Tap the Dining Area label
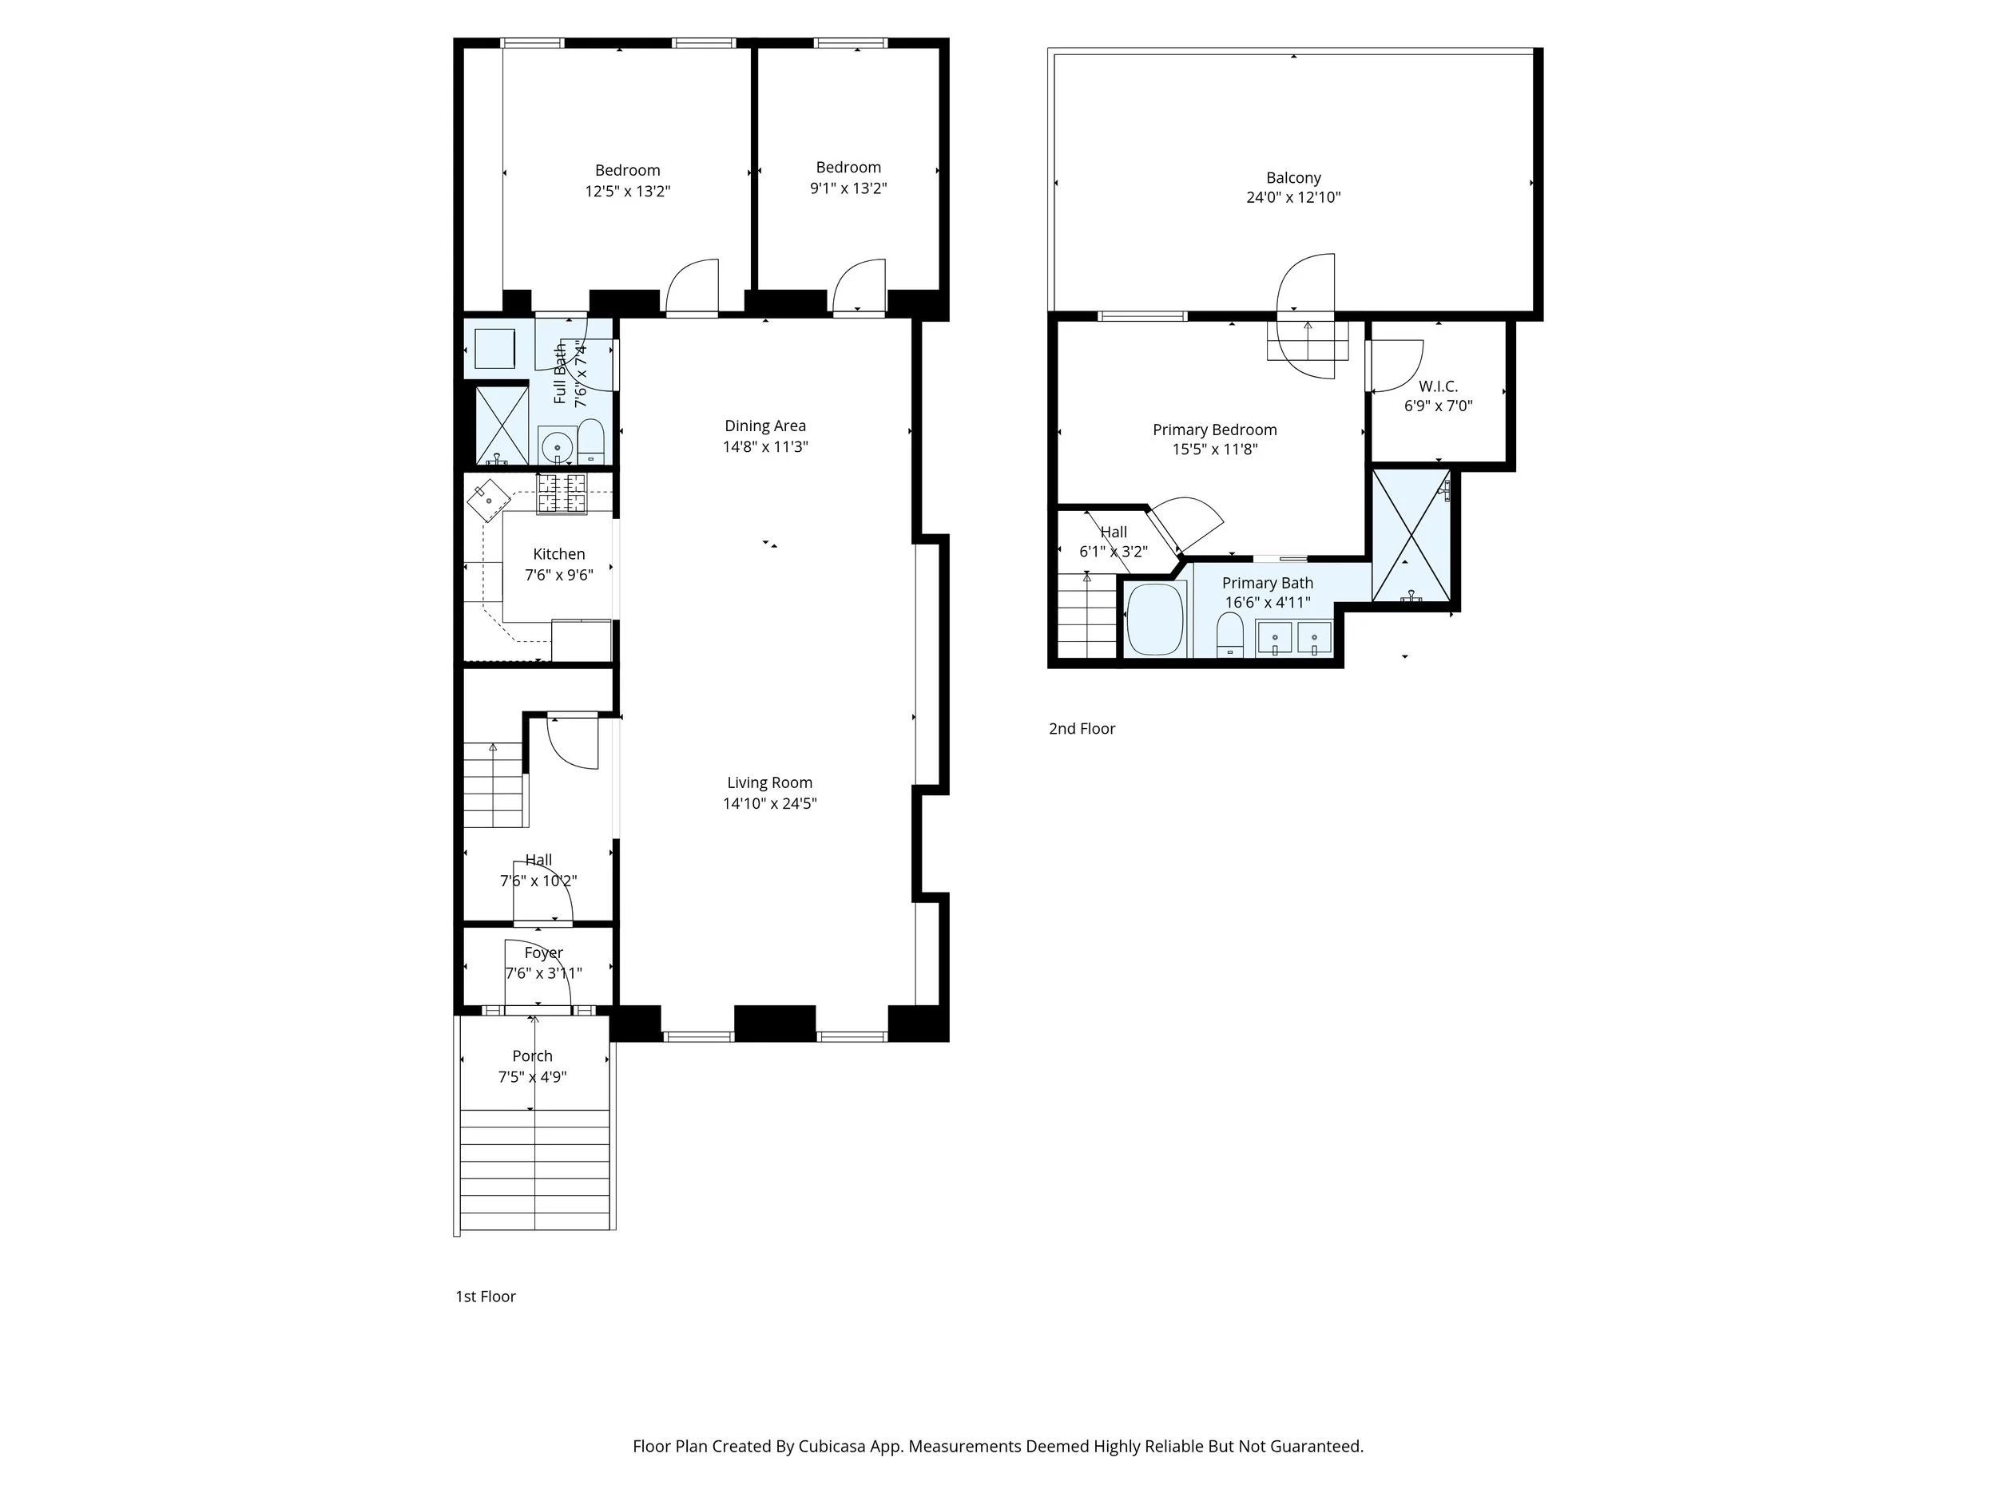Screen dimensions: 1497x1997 pos(764,426)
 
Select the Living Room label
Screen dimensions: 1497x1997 pos(769,782)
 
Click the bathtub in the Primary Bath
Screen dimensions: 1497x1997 pos(1156,619)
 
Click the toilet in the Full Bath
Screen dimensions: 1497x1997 pos(590,438)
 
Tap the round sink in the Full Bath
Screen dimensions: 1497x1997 pos(557,446)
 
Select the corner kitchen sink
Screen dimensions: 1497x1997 pos(488,499)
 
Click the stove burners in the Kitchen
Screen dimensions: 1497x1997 pos(562,493)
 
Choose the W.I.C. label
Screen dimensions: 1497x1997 pos(1437,386)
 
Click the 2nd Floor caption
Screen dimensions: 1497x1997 pos(1082,728)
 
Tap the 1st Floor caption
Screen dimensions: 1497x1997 pos(485,1296)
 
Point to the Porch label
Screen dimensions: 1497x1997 pos(532,1055)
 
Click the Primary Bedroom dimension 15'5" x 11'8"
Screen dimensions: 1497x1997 pos(1214,449)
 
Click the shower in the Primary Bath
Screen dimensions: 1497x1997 pos(1410,535)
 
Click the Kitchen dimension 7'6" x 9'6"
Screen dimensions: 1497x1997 pos(559,575)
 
